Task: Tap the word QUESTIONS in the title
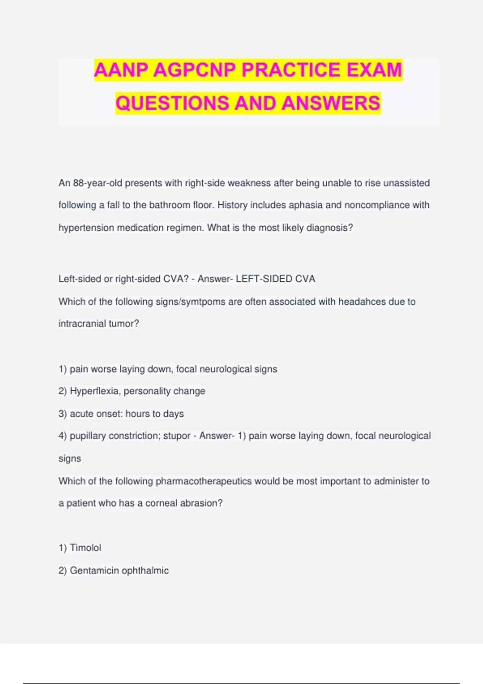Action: tap(172, 103)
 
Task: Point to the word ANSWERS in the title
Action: tap(331, 103)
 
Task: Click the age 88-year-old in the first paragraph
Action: tap(97, 183)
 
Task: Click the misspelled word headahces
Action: tap(362, 302)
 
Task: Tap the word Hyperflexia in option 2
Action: tap(95, 391)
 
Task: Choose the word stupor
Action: tap(177, 436)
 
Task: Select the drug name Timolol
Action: tap(85, 548)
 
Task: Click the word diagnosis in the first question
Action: tap(329, 228)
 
